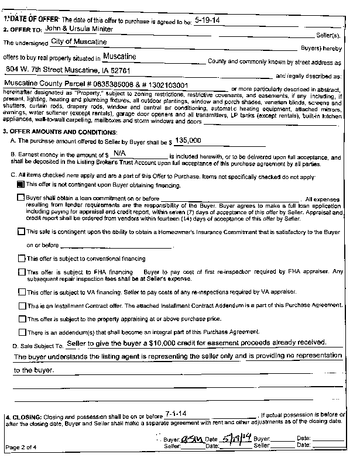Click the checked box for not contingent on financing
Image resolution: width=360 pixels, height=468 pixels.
[22, 184]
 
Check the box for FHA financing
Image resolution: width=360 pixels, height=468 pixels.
[22, 271]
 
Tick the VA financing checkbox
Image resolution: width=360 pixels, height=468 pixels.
[22, 291]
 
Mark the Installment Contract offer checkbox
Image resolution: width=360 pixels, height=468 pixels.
[22, 305]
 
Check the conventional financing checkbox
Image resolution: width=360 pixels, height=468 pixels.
[22, 258]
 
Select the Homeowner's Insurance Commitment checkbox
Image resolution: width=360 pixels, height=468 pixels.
[22, 232]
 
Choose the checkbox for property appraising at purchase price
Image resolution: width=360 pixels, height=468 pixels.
[22, 319]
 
